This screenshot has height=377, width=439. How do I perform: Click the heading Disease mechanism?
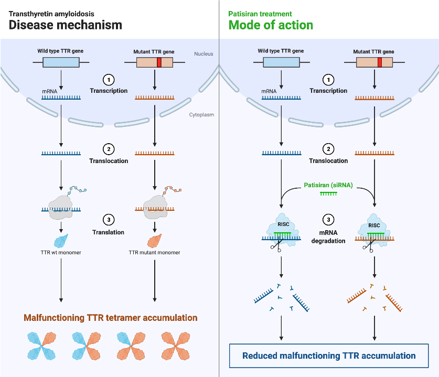(65, 25)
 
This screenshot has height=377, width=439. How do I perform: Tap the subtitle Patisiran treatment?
(260, 13)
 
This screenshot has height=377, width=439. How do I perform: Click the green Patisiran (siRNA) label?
(328, 186)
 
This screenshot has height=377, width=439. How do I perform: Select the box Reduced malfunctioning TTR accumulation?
(329, 356)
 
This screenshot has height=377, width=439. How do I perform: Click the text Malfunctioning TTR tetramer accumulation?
(110, 318)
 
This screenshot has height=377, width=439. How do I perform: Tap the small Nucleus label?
(203, 53)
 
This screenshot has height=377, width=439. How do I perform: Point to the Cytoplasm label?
(201, 114)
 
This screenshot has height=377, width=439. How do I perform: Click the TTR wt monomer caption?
(61, 253)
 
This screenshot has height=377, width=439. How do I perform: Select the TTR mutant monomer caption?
(154, 253)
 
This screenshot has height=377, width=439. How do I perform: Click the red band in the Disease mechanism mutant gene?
(159, 62)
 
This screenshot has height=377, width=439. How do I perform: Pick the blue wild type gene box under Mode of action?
(281, 62)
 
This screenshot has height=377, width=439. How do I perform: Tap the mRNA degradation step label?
(328, 238)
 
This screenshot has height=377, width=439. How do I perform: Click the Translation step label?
(109, 232)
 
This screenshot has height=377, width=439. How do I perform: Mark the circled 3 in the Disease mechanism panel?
(109, 219)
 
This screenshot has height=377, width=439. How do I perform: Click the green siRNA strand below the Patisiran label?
(328, 194)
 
